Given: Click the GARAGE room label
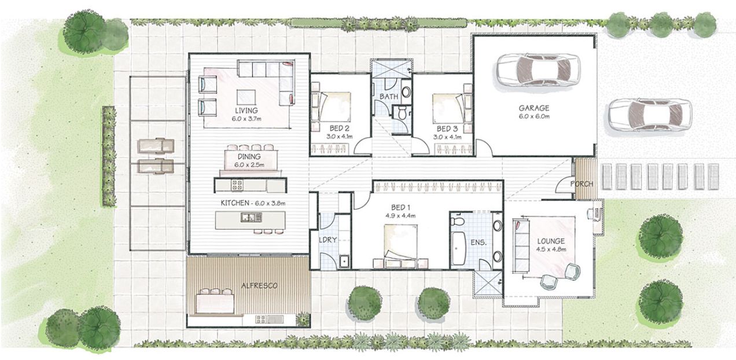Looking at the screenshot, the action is tap(534, 108).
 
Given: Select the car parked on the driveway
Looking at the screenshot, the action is tap(650, 115).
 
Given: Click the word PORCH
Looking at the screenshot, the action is tap(582, 184).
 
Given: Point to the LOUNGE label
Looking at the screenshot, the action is tap(551, 241).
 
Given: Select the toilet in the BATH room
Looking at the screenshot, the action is tap(402, 113).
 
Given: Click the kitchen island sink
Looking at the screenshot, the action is tap(251, 217).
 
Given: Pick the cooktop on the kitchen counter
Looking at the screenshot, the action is tap(237, 185).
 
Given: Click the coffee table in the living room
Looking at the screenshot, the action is tap(246, 97).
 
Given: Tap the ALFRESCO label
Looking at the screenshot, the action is tap(259, 285).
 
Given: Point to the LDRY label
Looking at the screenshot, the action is tap(327, 240).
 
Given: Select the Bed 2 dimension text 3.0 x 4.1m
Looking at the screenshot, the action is tap(340, 137).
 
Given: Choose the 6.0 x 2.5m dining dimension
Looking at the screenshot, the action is tap(249, 165).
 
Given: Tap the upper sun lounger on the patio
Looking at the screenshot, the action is tap(156, 145).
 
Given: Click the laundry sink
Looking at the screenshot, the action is tap(344, 262).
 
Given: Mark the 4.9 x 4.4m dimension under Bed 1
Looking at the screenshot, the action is tap(401, 216).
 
